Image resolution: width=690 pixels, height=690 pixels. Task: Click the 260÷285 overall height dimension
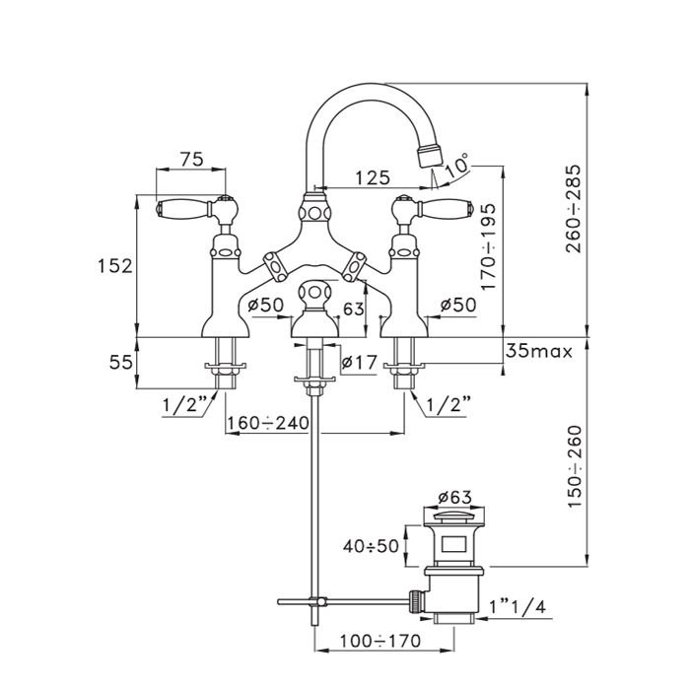pyautogui.click(x=574, y=209)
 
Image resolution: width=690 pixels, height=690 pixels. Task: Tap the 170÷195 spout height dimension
pyautogui.click(x=489, y=246)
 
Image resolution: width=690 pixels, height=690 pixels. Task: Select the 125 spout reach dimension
pyautogui.click(x=373, y=177)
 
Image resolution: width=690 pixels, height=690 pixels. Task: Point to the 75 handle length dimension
pyautogui.click(x=192, y=159)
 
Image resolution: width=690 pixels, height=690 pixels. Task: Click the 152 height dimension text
pyautogui.click(x=114, y=266)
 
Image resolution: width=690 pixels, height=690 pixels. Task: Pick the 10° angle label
pyautogui.click(x=457, y=165)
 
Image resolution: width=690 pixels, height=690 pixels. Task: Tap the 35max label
pyautogui.click(x=539, y=351)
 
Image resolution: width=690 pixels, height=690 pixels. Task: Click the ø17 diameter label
pyautogui.click(x=360, y=362)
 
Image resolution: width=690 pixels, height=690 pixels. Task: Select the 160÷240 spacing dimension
pyautogui.click(x=268, y=423)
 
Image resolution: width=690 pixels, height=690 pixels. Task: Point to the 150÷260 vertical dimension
pyautogui.click(x=575, y=466)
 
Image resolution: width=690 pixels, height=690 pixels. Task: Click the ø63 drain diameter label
pyautogui.click(x=455, y=497)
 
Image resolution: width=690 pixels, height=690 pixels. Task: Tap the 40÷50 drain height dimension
pyautogui.click(x=371, y=546)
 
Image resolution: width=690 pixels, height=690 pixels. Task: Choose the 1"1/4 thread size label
pyautogui.click(x=517, y=607)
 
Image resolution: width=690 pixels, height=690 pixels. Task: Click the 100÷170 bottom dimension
pyautogui.click(x=379, y=641)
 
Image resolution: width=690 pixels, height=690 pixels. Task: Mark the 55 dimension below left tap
pyautogui.click(x=120, y=362)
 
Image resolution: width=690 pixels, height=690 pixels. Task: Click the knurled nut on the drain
pyautogui.click(x=415, y=600)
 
